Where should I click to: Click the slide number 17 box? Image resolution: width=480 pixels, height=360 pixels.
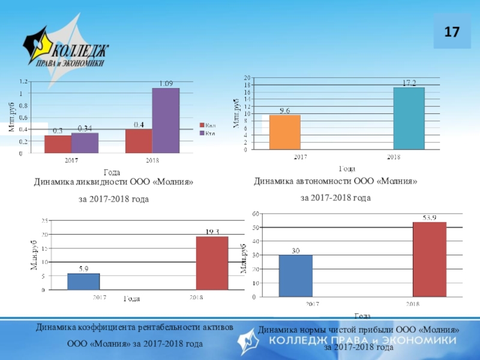(x=452, y=31)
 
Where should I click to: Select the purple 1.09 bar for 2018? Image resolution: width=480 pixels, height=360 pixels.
(x=166, y=121)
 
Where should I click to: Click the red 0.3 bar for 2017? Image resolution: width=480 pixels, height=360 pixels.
(x=58, y=144)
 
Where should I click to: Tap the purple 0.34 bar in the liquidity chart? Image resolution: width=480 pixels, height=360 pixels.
(x=85, y=143)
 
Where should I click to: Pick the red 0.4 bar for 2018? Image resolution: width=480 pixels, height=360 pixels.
(x=139, y=141)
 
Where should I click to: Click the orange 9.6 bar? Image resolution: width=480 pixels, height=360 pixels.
(x=285, y=132)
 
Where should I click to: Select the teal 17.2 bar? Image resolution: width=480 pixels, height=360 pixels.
(x=409, y=118)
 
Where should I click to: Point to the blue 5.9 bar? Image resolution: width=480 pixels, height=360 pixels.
(x=83, y=282)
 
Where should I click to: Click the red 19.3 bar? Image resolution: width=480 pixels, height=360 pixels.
(x=212, y=263)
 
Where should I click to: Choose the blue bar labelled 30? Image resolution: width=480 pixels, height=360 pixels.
(x=295, y=276)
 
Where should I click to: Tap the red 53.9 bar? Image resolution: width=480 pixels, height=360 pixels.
(x=429, y=259)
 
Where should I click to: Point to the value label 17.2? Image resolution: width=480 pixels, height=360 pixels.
(x=409, y=83)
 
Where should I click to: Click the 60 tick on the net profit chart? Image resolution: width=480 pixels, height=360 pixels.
(x=255, y=214)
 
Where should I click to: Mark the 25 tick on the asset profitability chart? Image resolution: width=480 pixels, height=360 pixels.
(x=44, y=221)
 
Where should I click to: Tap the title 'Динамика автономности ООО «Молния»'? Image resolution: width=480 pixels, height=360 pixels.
(x=335, y=181)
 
